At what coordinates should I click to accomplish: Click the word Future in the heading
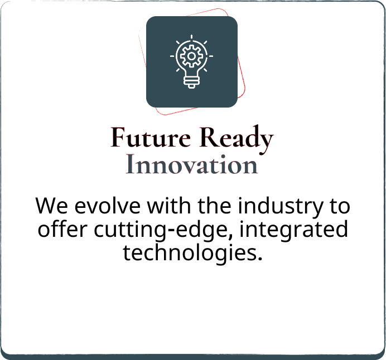click(x=151, y=137)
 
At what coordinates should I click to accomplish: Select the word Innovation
click(x=192, y=164)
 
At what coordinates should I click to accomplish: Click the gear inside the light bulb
click(x=191, y=56)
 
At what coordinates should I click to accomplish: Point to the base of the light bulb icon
click(x=191, y=82)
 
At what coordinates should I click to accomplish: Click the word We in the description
click(x=51, y=206)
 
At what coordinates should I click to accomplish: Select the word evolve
click(x=107, y=205)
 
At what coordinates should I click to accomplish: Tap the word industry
click(x=280, y=207)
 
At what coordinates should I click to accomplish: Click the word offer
click(x=62, y=229)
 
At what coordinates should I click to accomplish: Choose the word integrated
click(x=294, y=230)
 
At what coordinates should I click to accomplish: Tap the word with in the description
click(x=169, y=205)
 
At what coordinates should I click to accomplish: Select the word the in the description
click(x=214, y=205)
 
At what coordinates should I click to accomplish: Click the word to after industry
click(x=340, y=207)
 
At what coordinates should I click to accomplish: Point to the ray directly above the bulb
click(x=191, y=37)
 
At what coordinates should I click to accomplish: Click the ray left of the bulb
click(x=172, y=56)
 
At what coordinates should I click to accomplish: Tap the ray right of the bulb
click(x=211, y=56)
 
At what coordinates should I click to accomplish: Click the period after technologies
click(x=259, y=259)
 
